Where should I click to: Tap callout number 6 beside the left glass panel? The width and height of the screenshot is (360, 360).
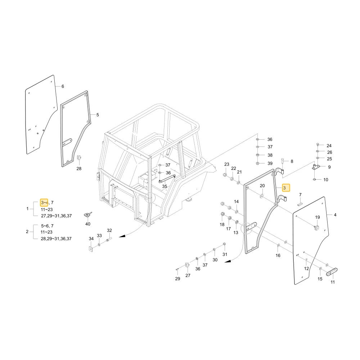[x=63, y=86]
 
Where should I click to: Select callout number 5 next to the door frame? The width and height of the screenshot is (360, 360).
[x=98, y=115]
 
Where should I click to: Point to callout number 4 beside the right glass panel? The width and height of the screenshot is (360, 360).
[x=335, y=215]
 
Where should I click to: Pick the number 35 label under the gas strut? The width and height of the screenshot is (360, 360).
[x=165, y=186]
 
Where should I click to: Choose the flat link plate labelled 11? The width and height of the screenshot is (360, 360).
[x=332, y=271]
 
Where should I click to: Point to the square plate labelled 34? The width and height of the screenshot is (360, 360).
[x=91, y=249]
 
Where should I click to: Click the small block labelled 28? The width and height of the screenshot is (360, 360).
[x=79, y=158]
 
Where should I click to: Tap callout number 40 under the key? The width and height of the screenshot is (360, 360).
[x=88, y=224]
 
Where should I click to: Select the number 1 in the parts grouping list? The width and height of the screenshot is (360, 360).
[x=28, y=209]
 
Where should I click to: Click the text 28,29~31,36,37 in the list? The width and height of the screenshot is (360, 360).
[x=56, y=239]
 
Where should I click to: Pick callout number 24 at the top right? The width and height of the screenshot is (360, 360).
[x=329, y=146]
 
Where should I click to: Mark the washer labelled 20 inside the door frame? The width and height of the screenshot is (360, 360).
[x=262, y=196]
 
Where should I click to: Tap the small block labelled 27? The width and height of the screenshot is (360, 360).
[x=187, y=265]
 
